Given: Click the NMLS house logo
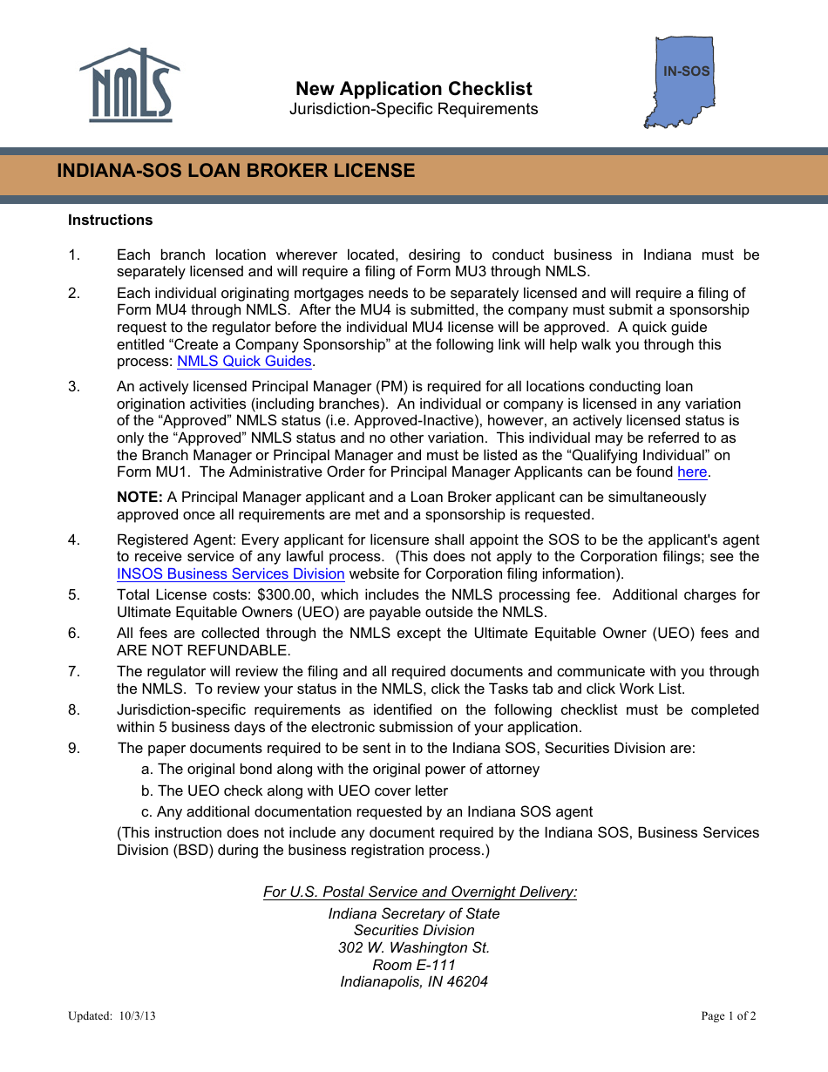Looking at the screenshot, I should [x=129, y=85].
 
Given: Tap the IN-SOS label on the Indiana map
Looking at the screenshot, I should [x=686, y=71].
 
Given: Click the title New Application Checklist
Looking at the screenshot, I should [x=413, y=89].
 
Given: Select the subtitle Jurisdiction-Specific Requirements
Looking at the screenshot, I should [x=413, y=109].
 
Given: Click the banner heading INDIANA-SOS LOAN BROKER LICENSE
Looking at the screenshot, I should [x=236, y=171].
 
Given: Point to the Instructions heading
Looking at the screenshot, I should [x=110, y=221].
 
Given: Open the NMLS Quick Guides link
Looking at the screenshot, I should [x=244, y=362].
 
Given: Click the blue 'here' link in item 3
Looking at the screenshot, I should [x=692, y=472].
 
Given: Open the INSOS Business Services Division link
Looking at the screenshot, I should [x=231, y=574].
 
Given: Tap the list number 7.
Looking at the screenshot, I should [x=74, y=672].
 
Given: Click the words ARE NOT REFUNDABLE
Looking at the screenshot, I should [x=204, y=651].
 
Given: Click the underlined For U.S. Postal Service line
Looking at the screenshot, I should [x=420, y=892].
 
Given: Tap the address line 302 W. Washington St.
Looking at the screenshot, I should [x=414, y=948].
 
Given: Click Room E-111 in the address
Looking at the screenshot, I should [x=414, y=966].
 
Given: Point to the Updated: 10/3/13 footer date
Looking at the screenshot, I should [x=112, y=1016].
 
